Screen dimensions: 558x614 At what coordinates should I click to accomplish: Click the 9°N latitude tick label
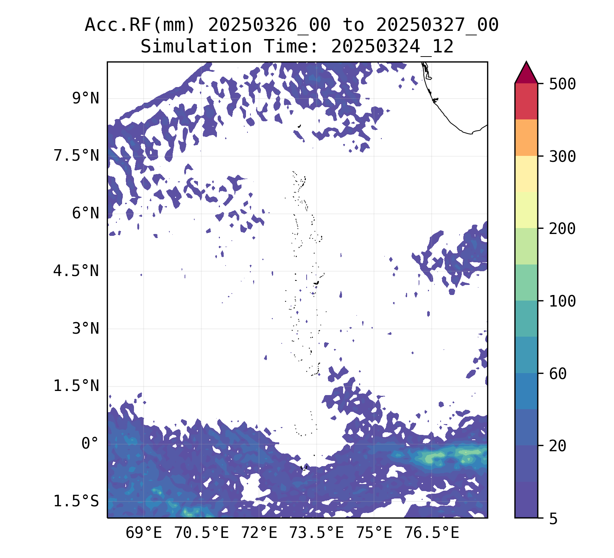[86, 99]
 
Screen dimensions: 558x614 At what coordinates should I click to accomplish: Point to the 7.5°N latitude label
[76, 156]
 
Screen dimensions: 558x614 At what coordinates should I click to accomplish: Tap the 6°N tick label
[86, 214]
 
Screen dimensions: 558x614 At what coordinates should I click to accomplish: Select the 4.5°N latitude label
[76, 271]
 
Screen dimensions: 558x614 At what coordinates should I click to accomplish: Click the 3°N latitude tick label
[86, 329]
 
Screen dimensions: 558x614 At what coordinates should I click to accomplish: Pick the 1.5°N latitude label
[76, 386]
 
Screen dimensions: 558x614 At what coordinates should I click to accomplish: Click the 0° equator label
[90, 444]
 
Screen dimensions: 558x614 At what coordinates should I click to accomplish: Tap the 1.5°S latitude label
[76, 501]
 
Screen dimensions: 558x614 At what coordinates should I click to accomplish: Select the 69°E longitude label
[144, 533]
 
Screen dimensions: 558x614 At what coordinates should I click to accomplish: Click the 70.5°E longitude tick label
[201, 533]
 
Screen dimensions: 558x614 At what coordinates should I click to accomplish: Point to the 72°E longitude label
[259, 533]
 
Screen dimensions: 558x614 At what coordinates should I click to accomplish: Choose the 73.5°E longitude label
[316, 533]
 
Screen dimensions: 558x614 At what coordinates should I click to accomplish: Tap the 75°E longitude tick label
[374, 533]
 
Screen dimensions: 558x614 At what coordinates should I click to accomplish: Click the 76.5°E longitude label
[432, 533]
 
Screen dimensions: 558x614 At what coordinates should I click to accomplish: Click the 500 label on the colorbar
[562, 84]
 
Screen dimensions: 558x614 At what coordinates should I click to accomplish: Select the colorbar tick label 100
[562, 301]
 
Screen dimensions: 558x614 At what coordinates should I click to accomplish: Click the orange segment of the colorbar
[526, 138]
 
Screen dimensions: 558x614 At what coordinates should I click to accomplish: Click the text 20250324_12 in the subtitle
[392, 47]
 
